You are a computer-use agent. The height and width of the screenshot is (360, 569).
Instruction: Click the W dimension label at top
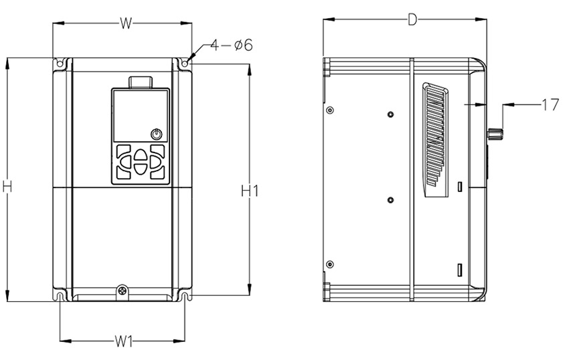tap(125, 23)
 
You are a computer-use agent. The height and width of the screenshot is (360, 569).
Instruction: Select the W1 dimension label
tap(123, 341)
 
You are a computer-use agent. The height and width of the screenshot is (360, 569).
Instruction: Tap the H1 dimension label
tap(250, 191)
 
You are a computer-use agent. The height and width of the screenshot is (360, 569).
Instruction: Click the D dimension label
tap(412, 19)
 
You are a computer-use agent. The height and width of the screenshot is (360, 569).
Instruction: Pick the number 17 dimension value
tap(550, 104)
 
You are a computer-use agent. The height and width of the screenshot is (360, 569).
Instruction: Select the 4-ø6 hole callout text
tap(231, 45)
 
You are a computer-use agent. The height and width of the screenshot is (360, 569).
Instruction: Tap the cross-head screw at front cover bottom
tap(122, 290)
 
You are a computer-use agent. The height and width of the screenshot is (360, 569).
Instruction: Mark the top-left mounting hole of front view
tap(60, 64)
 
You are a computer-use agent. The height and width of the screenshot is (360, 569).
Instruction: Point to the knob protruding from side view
tap(495, 134)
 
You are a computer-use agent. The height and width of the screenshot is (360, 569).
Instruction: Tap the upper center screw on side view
tap(391, 114)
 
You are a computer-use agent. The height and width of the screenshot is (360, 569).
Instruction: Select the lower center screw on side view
tap(391, 199)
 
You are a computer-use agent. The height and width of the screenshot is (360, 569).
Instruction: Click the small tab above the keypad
tap(141, 82)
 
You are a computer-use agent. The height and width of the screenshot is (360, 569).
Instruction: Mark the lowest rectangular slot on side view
tap(460, 270)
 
